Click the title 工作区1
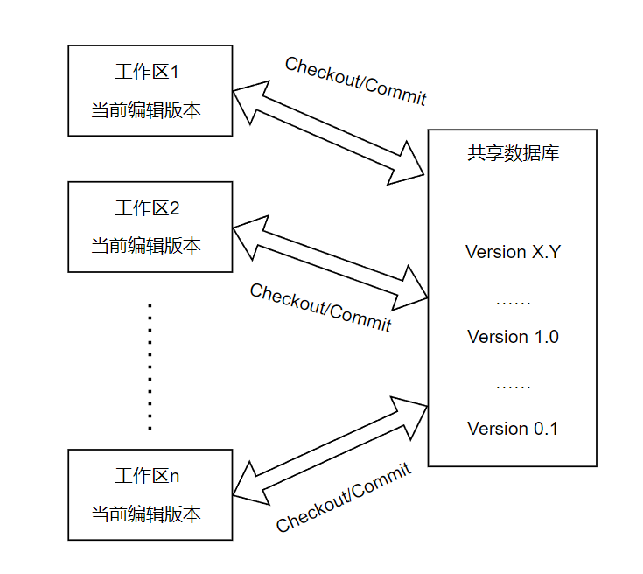(x=147, y=72)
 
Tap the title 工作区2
(x=147, y=208)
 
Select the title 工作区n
(x=147, y=476)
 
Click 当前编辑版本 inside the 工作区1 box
(x=146, y=110)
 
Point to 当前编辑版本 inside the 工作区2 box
(x=146, y=246)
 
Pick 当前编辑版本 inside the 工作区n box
(x=146, y=514)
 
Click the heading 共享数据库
(x=513, y=153)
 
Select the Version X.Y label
(x=513, y=252)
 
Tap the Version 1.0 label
(x=513, y=337)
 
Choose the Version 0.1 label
(x=513, y=429)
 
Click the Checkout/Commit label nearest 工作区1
(x=356, y=80)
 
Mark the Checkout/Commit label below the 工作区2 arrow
(x=321, y=307)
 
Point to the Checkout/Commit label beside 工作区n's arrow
(x=344, y=497)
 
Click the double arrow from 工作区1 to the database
(x=328, y=132)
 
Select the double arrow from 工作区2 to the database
(x=330, y=262)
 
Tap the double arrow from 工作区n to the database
(x=330, y=451)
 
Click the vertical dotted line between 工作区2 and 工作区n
(x=150, y=367)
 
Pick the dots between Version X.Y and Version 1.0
(x=513, y=304)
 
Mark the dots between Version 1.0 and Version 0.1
(x=513, y=387)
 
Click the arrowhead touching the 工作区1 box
(x=250, y=101)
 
